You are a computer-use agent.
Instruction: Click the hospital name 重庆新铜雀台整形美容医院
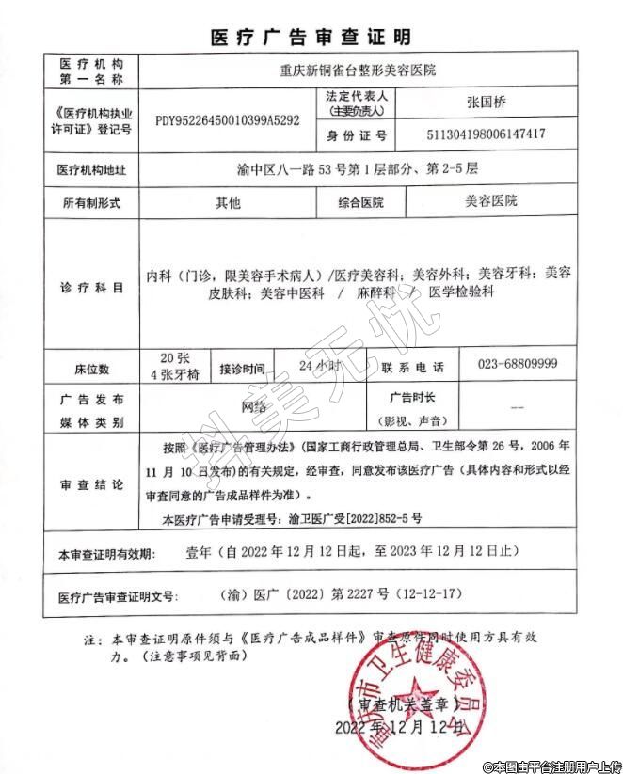point(359,70)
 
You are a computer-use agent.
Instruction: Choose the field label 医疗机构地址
point(91,170)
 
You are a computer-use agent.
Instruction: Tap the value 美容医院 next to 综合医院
point(491,201)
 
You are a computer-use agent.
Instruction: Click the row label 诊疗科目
point(91,287)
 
